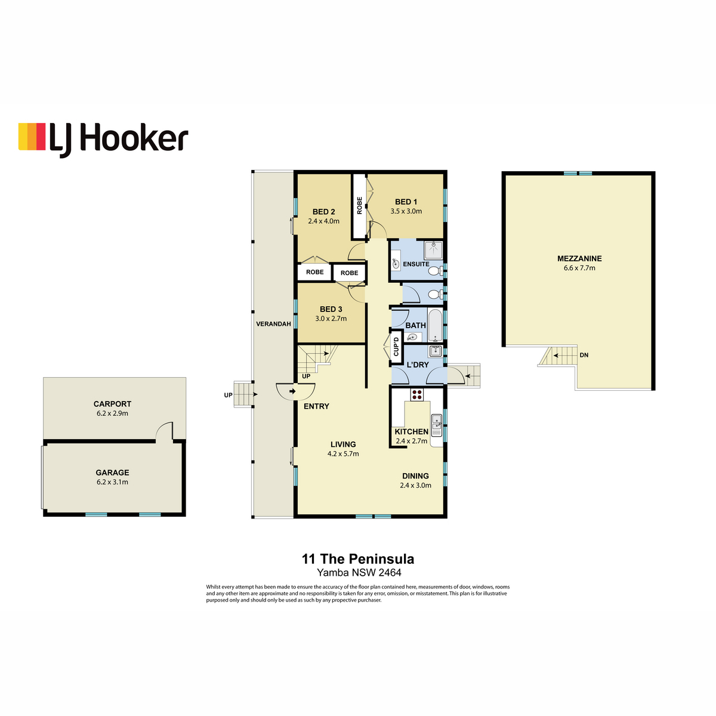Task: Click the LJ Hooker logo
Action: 103,138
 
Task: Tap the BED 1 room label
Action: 406,202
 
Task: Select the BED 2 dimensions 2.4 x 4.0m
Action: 323,221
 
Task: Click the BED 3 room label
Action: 331,309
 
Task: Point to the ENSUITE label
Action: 416,264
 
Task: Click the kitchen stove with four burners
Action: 416,394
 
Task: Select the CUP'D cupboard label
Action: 396,347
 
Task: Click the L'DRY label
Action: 418,365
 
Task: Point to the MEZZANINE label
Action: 579,258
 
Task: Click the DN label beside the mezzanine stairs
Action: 584,355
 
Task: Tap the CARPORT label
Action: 112,404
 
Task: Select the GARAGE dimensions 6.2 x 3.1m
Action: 112,482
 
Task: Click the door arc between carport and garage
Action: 164,430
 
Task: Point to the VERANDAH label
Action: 273,324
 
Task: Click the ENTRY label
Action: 316,406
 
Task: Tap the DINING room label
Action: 415,476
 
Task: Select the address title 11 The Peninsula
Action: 358,559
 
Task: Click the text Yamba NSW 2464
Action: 359,573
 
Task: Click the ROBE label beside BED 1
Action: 359,205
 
